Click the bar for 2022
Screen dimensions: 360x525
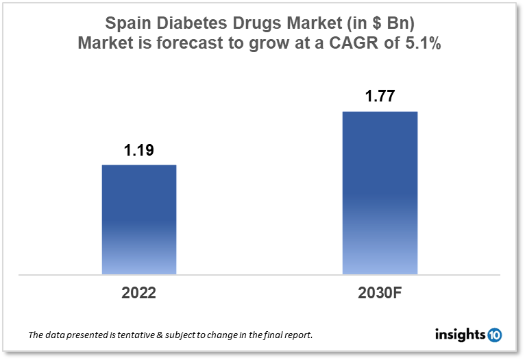139,219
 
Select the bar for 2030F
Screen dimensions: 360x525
380,193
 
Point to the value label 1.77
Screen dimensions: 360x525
380,97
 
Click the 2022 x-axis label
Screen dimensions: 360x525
139,293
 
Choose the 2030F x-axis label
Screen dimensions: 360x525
380,293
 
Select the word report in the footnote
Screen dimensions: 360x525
296,336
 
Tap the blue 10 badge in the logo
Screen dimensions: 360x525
494,335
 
